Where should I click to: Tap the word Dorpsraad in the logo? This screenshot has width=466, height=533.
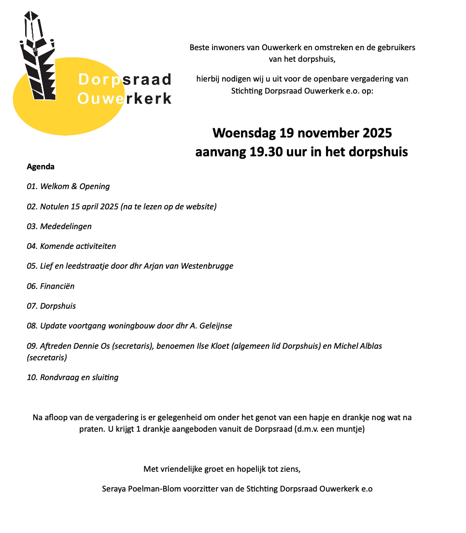pos(125,80)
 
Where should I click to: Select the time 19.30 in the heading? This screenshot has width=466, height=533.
pos(267,152)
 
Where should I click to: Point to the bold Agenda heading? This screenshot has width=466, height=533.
pos(41,167)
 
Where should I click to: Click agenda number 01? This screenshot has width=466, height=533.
pos(31,187)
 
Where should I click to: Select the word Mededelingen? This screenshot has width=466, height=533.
pos(66,226)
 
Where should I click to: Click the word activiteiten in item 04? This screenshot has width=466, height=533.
pos(96,246)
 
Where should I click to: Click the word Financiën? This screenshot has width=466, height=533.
pos(57,286)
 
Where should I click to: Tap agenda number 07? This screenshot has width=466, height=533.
pos(31,306)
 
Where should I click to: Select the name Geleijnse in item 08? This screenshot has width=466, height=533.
pos(215,326)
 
